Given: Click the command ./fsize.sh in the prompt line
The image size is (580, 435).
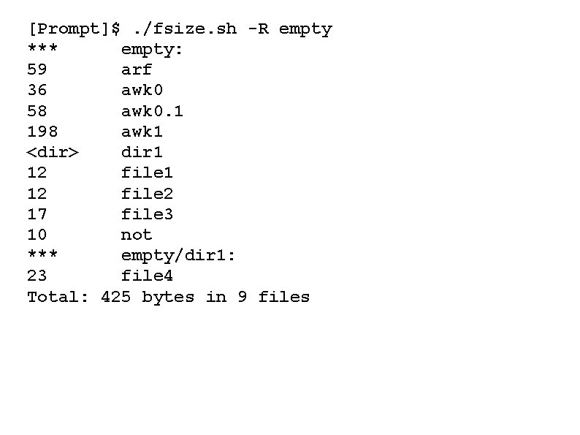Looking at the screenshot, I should (185, 29).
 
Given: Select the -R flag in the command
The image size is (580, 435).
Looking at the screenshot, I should (258, 29).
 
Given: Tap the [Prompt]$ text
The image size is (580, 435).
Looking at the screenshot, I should (73, 29).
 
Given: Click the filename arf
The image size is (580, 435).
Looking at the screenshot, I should (137, 70).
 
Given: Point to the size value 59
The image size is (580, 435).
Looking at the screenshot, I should (37, 70).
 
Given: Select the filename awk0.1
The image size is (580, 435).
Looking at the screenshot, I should (152, 111).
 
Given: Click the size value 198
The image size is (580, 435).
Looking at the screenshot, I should (42, 132).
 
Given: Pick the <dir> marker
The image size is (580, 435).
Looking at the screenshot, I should (53, 152).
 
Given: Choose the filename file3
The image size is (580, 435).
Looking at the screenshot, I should (147, 214).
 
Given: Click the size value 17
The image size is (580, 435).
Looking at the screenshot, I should (37, 214).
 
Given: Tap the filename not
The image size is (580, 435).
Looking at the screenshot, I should (137, 235).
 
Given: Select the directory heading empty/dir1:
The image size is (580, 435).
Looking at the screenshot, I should (178, 255).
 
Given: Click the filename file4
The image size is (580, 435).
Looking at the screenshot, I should (147, 276).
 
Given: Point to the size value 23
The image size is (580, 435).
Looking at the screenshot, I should (37, 276).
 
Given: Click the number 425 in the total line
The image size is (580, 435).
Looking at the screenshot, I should (115, 297).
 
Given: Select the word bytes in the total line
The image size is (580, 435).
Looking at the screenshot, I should (168, 297).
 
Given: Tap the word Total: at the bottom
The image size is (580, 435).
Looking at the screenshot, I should (58, 297).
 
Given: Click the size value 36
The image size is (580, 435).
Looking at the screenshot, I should (37, 91).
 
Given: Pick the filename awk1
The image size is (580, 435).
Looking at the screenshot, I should (142, 132).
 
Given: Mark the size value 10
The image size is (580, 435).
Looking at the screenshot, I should (37, 235).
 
